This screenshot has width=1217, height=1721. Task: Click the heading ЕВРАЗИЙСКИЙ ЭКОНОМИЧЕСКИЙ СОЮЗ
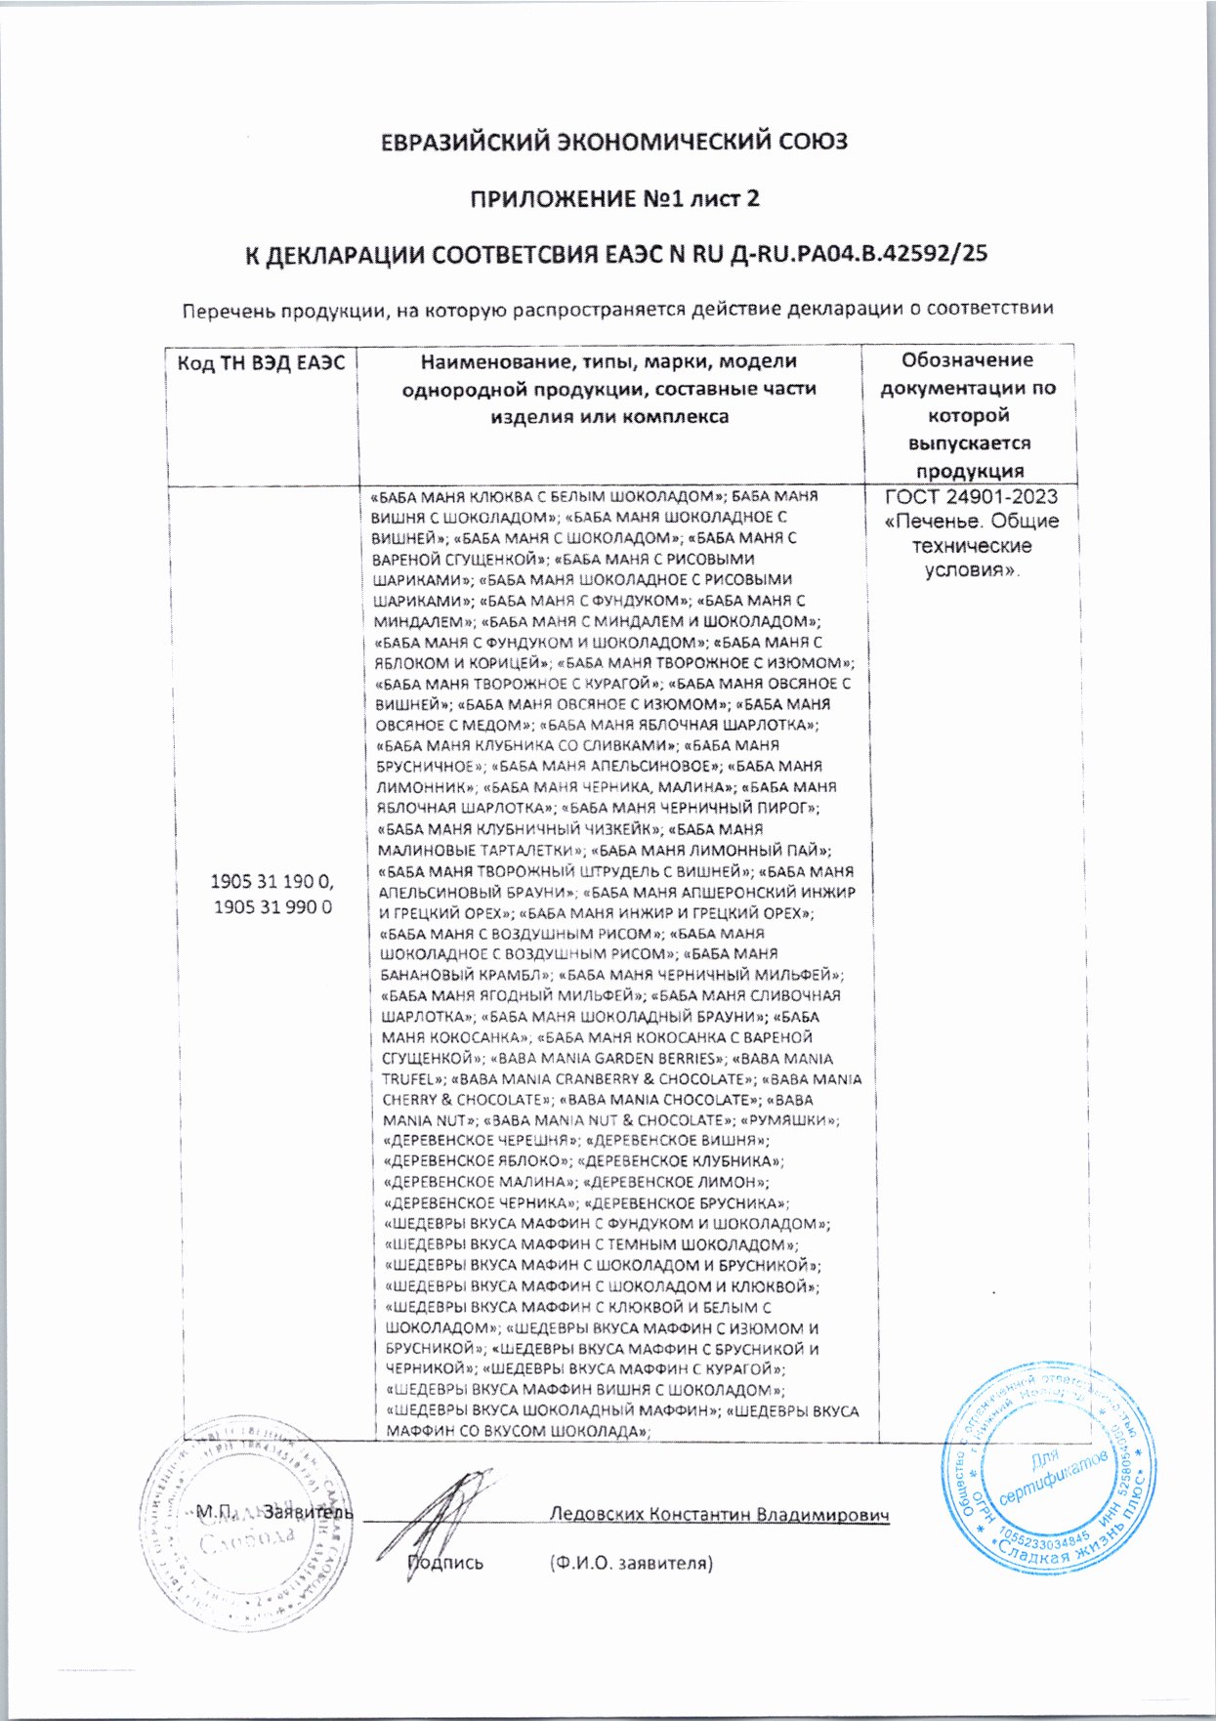click(613, 142)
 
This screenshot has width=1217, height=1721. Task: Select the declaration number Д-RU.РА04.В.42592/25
click(859, 254)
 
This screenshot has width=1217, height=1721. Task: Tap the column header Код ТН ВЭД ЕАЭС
click(261, 363)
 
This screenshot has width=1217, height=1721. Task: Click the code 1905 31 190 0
click(273, 881)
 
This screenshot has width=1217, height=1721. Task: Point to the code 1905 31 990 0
click(273, 906)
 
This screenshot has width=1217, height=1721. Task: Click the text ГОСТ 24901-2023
click(971, 496)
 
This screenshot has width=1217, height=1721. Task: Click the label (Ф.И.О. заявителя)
click(631, 1563)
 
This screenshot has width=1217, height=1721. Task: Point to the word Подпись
click(445, 1563)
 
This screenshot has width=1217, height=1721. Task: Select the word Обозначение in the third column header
click(967, 360)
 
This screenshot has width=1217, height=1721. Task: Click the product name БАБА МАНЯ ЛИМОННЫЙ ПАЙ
click(712, 850)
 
